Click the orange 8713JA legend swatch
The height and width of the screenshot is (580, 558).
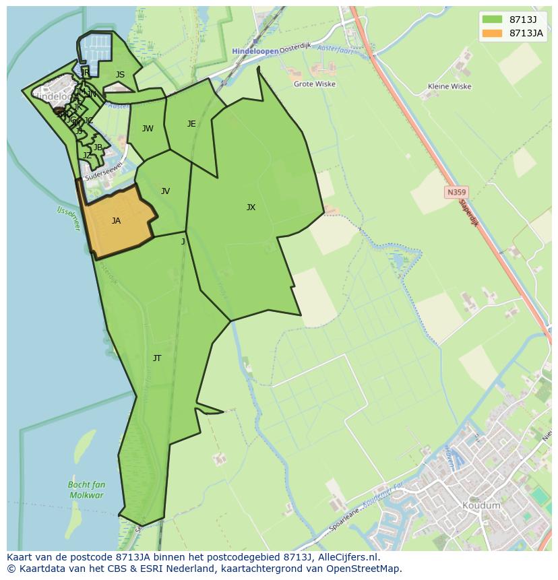pyautogui.click(x=492, y=33)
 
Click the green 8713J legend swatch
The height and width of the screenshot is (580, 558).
pyautogui.click(x=492, y=20)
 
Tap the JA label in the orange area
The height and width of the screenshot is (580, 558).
pyautogui.click(x=116, y=221)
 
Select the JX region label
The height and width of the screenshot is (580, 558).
pyautogui.click(x=251, y=207)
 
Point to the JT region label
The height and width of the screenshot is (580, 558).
pyautogui.click(x=157, y=358)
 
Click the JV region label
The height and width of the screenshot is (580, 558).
pyautogui.click(x=165, y=191)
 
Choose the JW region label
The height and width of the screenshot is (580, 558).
pyautogui.click(x=148, y=129)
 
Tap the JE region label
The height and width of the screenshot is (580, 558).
pyautogui.click(x=191, y=124)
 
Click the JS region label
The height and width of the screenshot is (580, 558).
pyautogui.click(x=120, y=75)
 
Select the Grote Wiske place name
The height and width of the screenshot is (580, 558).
pyautogui.click(x=315, y=85)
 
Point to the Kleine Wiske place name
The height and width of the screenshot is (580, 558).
pyautogui.click(x=449, y=87)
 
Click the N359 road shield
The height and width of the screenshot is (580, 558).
pyautogui.click(x=456, y=193)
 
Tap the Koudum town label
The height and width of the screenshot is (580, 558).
pyautogui.click(x=481, y=505)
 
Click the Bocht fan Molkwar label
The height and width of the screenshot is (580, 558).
pyautogui.click(x=86, y=490)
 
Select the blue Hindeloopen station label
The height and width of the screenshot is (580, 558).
pyautogui.click(x=255, y=51)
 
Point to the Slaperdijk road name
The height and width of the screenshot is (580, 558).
pyautogui.click(x=468, y=212)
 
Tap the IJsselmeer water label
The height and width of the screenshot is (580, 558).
pyautogui.click(x=68, y=219)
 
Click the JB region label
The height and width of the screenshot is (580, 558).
pyautogui.click(x=98, y=148)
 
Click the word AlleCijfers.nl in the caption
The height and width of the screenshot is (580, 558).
pyautogui.click(x=347, y=557)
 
